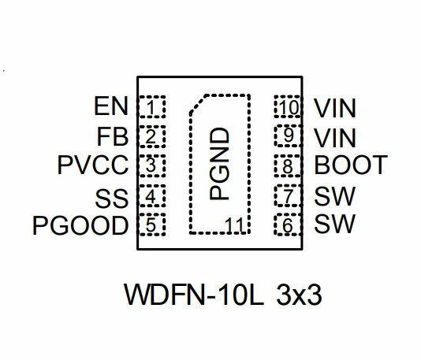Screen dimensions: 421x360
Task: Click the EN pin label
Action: [111, 106]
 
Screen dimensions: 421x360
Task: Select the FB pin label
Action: [113, 137]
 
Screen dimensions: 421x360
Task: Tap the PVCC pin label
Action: [93, 165]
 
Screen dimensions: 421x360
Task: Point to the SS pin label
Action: [111, 199]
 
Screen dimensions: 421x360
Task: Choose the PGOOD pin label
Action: [80, 225]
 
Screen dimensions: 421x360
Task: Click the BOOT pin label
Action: [351, 165]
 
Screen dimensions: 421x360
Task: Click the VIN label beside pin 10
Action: [335, 108]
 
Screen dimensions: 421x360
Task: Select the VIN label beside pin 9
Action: [335, 138]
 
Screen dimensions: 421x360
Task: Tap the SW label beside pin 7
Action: [335, 196]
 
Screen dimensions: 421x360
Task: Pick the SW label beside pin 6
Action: [335, 224]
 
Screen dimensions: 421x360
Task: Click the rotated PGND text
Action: [219, 164]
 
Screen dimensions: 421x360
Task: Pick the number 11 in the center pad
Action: [234, 225]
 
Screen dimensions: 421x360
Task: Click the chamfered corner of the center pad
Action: [198, 104]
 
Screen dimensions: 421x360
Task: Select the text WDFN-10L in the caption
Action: [194, 295]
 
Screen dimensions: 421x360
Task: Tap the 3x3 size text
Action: [299, 295]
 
